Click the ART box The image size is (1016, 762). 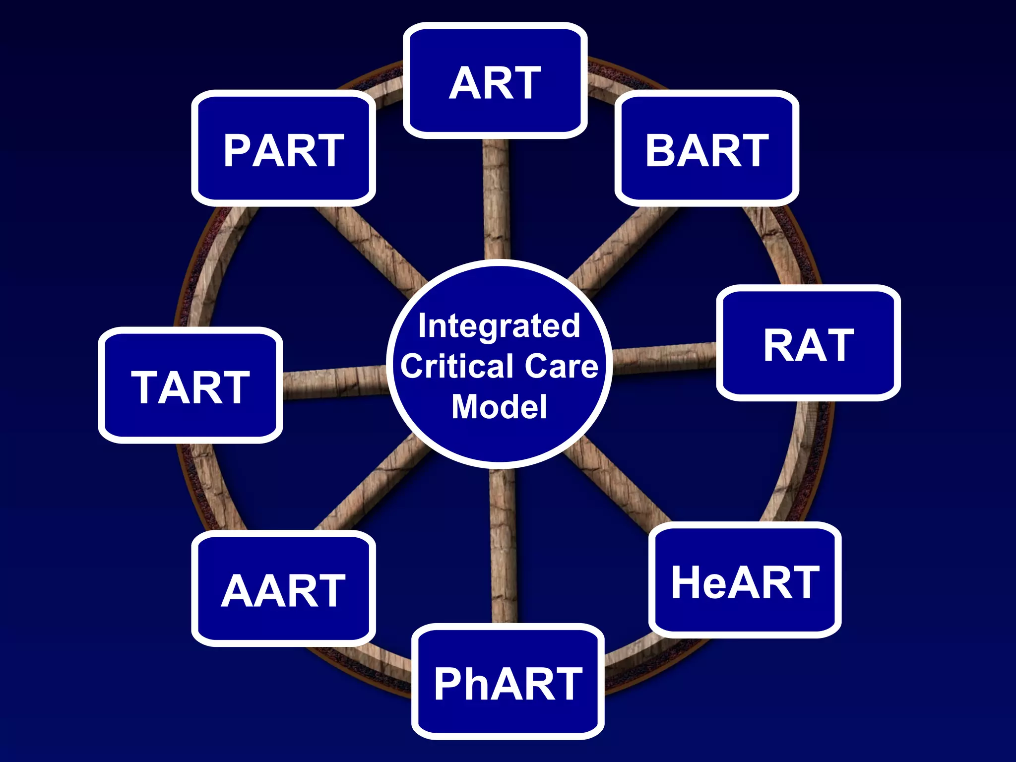pyautogui.click(x=495, y=81)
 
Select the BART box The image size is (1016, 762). pyautogui.click(x=706, y=148)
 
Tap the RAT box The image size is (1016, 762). pyautogui.click(x=808, y=343)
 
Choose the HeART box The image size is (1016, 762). pyautogui.click(x=745, y=580)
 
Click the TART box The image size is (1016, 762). pyautogui.click(x=190, y=385)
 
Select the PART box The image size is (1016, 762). pyautogui.click(x=283, y=148)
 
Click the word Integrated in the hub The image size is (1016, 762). pyautogui.click(x=499, y=326)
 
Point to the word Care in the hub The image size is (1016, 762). pyautogui.click(x=562, y=366)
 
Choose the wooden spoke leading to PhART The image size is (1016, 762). pyautogui.click(x=503, y=546)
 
